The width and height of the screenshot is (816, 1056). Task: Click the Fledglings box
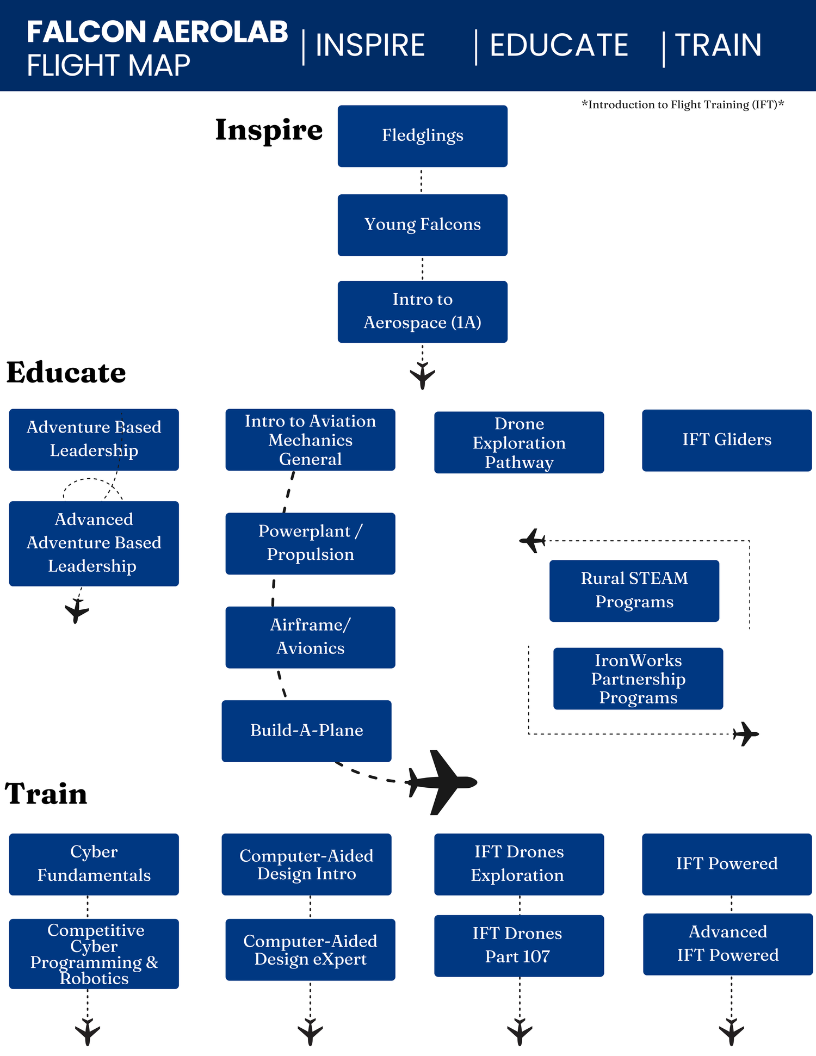click(x=422, y=136)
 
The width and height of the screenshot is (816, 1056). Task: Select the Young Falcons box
click(x=422, y=225)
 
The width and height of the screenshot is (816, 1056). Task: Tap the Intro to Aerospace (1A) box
click(x=422, y=311)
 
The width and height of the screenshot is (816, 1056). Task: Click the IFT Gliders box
click(x=726, y=440)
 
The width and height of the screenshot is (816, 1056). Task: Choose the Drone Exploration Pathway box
click(x=518, y=442)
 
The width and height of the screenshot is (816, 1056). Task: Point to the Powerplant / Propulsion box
click(x=310, y=543)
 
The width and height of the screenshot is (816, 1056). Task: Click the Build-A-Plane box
click(x=306, y=730)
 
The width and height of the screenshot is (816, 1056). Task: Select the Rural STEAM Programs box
click(x=634, y=590)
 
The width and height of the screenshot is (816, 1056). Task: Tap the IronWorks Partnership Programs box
click(x=638, y=678)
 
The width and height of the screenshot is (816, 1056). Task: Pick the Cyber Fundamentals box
click(x=94, y=863)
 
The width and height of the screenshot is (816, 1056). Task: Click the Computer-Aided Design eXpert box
click(x=310, y=949)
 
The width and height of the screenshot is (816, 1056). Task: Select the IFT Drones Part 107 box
click(x=518, y=945)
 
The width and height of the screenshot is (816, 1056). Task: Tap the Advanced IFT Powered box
click(x=727, y=943)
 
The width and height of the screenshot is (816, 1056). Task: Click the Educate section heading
click(x=66, y=373)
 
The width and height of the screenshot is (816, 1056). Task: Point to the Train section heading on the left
click(x=46, y=793)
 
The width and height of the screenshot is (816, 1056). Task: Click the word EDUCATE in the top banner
click(x=558, y=45)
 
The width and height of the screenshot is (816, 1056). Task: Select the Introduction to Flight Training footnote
click(x=683, y=104)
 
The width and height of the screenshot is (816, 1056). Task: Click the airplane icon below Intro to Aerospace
click(x=422, y=375)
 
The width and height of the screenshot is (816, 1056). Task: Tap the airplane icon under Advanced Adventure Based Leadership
click(x=77, y=610)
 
